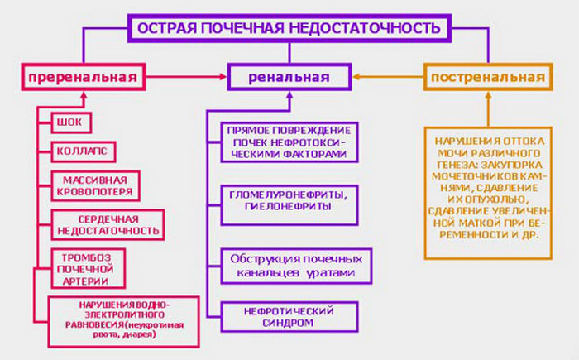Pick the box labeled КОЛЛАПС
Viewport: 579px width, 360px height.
82,152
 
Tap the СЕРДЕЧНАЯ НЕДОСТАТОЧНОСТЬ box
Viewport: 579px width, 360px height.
107,224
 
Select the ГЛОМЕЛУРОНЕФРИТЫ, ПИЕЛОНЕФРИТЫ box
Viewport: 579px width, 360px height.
288,198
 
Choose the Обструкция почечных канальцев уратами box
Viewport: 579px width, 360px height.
295,265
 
